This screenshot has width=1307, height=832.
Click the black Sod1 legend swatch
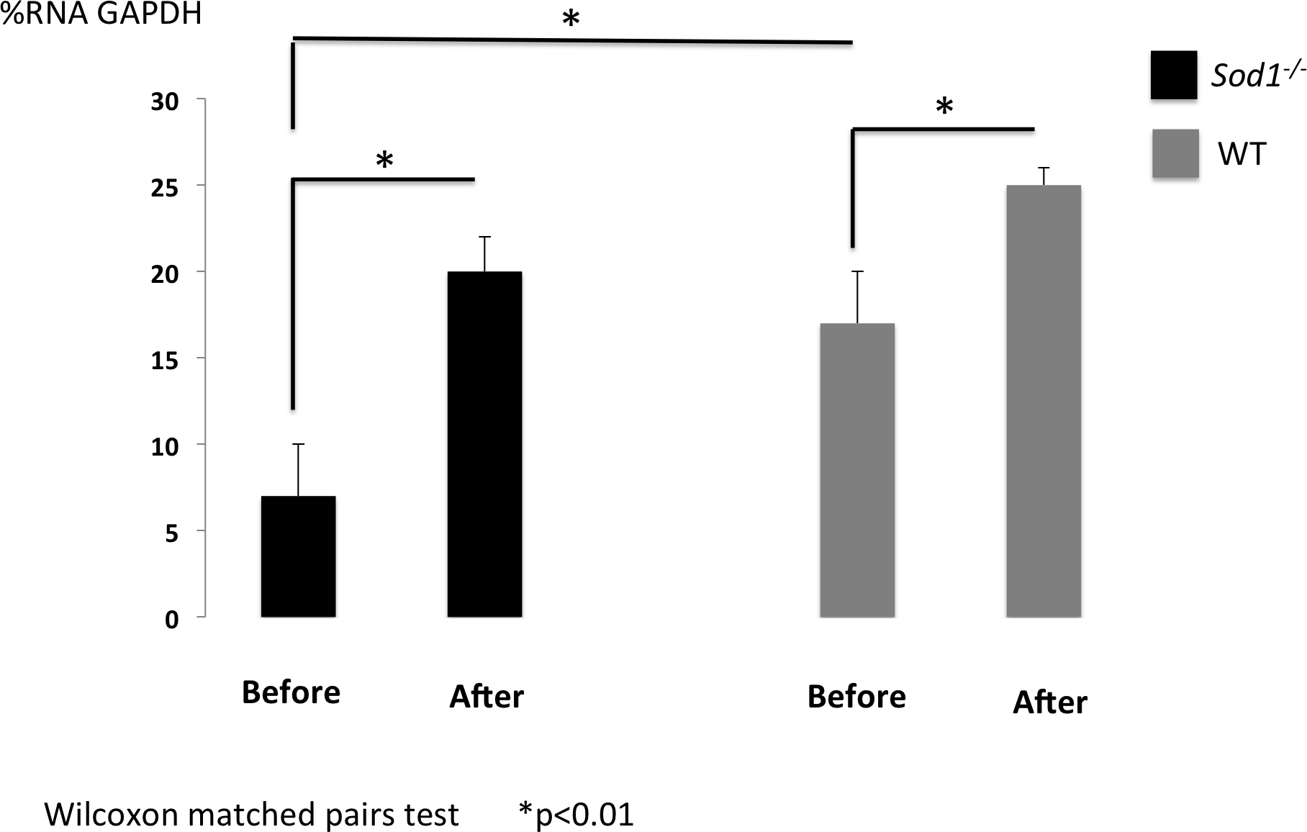pos(1174,75)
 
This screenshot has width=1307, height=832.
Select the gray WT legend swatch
pos(1175,153)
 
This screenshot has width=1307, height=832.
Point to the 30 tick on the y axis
pos(165,101)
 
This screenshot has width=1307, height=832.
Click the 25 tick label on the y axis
pos(165,188)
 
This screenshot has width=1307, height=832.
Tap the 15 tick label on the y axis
pos(165,361)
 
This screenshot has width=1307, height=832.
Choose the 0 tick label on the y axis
pos(171,619)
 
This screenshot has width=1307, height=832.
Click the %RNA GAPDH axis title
pos(101,14)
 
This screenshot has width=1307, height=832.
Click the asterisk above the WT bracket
pos(944,108)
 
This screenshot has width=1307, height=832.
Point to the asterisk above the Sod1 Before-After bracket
pos(385,160)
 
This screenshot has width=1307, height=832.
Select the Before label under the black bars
pos(291,692)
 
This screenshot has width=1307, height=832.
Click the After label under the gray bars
pos(1050,702)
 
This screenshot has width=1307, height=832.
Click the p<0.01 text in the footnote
pos(584,814)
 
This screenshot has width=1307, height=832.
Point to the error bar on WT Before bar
pos(857,297)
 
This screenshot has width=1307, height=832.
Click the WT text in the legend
pos(1242,154)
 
